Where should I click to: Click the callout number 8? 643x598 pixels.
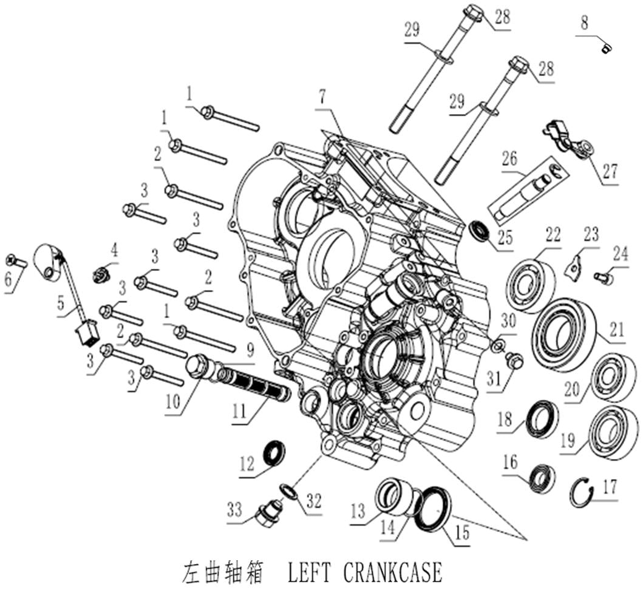[583, 24]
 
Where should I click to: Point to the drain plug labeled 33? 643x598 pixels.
[267, 515]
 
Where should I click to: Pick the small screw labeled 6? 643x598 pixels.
[16, 261]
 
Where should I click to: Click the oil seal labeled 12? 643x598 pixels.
[273, 452]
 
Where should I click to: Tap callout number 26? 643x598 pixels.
[509, 158]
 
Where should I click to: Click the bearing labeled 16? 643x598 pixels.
[542, 476]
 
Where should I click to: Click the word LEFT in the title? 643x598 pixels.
[307, 573]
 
